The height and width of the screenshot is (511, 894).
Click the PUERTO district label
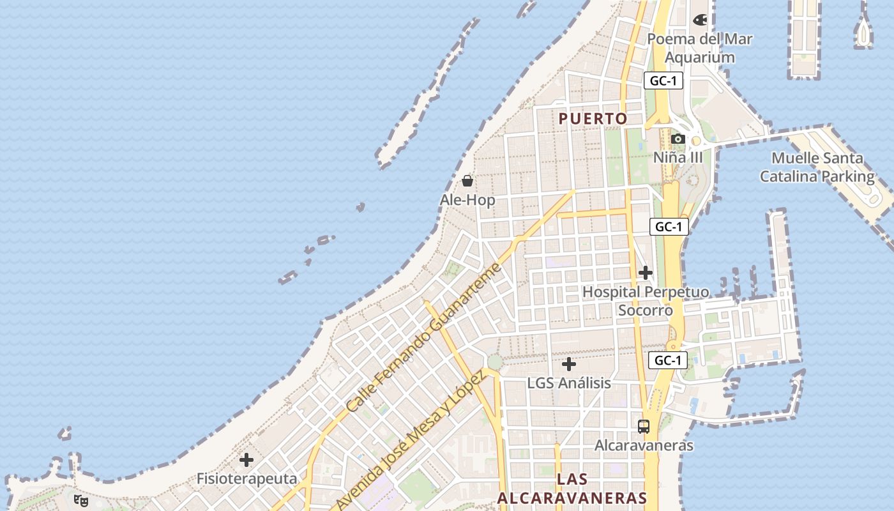coord(593,119)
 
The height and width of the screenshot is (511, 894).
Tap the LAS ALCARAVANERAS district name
coord(572,489)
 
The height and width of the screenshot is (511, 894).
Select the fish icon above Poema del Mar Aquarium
coord(700,20)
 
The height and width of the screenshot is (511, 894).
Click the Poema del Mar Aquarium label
coord(700,48)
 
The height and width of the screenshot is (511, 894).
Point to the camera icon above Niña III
coord(678,139)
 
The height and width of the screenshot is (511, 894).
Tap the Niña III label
coord(678,157)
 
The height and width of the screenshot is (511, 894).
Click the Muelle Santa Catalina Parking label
coord(817,167)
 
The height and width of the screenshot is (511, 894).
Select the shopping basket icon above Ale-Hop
coord(467,181)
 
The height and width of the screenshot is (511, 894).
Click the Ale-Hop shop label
coord(467,200)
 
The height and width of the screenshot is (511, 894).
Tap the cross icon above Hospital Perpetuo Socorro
coord(646,273)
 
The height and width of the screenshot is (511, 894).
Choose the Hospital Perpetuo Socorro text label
coord(646,301)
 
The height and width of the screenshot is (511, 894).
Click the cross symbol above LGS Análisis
coord(568,365)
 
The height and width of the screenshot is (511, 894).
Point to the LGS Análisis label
coord(568,383)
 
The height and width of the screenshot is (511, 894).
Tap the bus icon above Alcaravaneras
coord(644,427)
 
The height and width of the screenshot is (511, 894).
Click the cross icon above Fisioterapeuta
coord(246,460)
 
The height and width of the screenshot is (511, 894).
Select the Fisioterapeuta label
coord(246,478)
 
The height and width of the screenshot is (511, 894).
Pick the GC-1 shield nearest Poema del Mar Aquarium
coord(663,80)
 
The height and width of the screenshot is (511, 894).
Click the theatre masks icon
coord(81,501)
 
